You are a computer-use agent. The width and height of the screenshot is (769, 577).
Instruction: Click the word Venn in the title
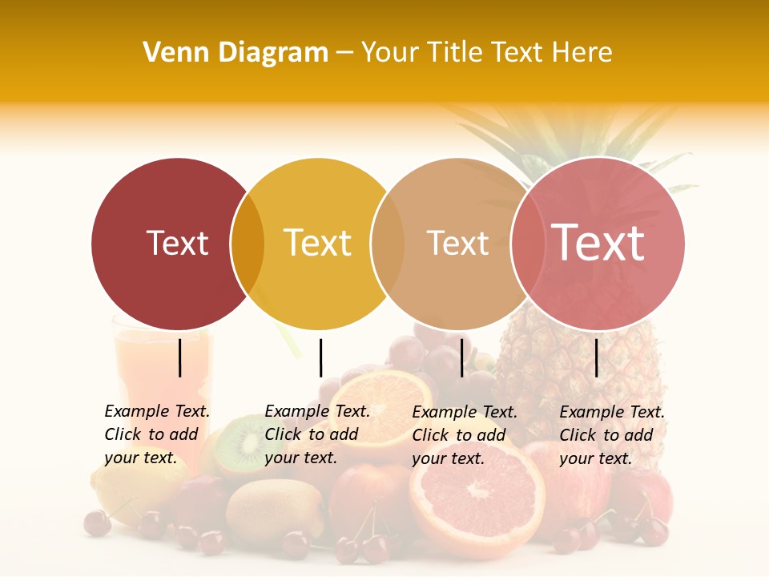click(x=174, y=53)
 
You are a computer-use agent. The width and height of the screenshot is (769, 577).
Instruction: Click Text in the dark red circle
click(x=177, y=243)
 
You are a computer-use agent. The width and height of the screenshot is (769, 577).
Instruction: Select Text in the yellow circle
click(x=317, y=243)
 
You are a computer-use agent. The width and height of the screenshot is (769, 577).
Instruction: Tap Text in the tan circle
click(x=457, y=243)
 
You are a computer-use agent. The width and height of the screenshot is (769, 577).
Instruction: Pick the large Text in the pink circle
click(x=598, y=242)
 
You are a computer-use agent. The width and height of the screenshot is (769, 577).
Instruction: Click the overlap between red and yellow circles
click(x=248, y=244)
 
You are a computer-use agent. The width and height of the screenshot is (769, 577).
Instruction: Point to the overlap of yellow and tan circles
click(x=388, y=244)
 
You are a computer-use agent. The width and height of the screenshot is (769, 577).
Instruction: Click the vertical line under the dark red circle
click(x=179, y=357)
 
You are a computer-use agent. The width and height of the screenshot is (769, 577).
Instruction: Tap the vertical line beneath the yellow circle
click(x=320, y=357)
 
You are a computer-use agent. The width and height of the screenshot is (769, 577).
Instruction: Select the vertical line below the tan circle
click(x=461, y=357)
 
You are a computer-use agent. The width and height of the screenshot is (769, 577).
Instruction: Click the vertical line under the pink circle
click(x=596, y=357)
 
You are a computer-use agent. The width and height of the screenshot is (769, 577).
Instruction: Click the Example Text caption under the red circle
click(x=157, y=434)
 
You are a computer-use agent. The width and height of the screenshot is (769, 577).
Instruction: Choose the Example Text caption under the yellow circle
click(x=317, y=434)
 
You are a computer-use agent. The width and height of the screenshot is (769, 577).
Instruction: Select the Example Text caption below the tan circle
click(x=465, y=435)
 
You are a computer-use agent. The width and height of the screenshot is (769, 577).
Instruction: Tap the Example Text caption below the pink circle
click(x=612, y=435)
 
